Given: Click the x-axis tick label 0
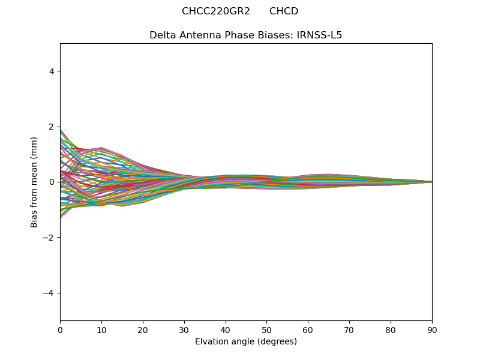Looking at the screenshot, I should [60, 330].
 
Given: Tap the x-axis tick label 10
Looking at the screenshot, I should [101, 330].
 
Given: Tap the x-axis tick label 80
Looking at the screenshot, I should [391, 330].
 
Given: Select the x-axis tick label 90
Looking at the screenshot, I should [432, 330].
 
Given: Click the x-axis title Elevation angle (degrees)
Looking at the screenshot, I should [246, 342].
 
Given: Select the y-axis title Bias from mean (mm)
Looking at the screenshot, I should [35, 182].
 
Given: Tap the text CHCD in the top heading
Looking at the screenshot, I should [284, 11].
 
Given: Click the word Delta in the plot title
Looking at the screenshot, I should [162, 35].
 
